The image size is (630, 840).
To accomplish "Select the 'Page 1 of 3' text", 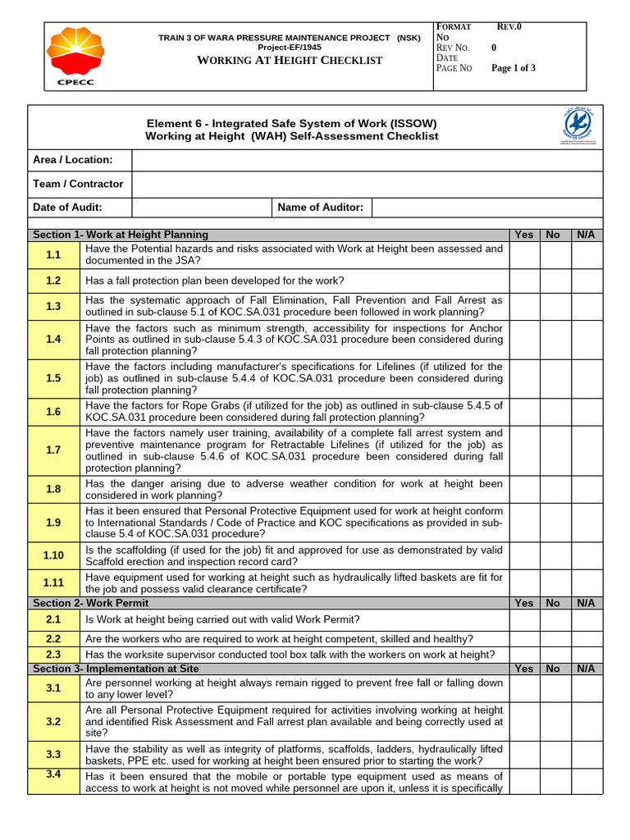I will pos(513,69).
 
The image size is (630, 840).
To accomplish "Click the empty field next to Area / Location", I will pos(369,160).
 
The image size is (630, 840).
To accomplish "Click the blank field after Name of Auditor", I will pos(486,208).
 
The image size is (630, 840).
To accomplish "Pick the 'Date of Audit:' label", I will pos(67,208).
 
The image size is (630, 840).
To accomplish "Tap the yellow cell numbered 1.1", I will pos(54,256).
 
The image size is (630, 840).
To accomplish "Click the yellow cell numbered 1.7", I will pos(54,450).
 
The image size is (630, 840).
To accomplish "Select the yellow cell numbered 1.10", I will pos(54,555).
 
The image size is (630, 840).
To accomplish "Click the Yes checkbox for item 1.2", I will pos(524,281).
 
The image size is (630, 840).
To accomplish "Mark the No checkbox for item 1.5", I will pos(554,378).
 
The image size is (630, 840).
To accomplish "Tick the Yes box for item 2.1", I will pos(524,620).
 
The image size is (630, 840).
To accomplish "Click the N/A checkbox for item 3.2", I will pos(586,722).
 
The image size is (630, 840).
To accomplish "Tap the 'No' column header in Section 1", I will pos(554,235).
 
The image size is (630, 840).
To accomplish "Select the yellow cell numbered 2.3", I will pos(54,654).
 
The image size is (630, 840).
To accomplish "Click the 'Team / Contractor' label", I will pos(78,184).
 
